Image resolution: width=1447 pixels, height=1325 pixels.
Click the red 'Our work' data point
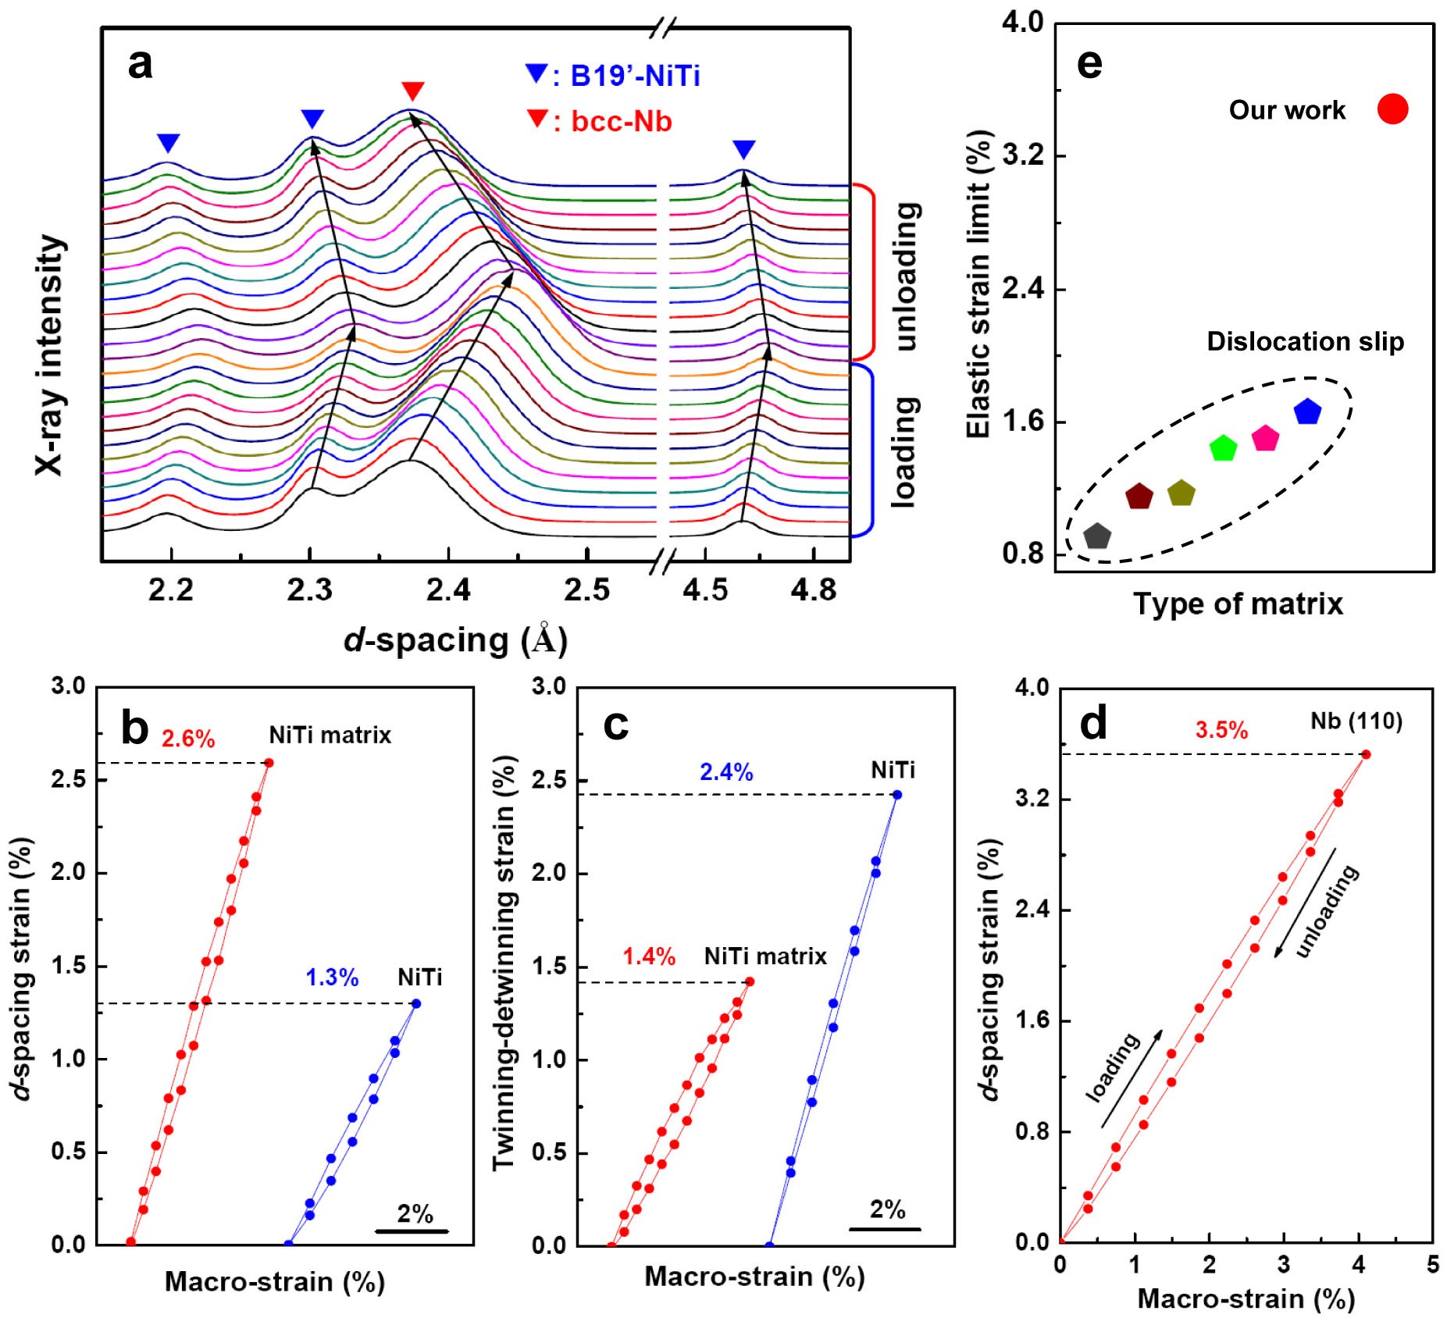click(x=1392, y=109)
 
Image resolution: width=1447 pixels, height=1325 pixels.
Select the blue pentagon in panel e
click(x=1306, y=411)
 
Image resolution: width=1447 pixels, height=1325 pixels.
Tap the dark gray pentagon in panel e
click(x=1097, y=536)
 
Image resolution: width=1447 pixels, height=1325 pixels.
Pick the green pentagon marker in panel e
click(x=1223, y=448)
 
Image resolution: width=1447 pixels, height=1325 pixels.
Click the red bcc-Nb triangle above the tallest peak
click(x=412, y=90)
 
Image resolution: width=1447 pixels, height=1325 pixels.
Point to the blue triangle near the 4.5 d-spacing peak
click(x=743, y=148)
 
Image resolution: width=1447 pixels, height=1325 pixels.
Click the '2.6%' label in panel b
click(x=188, y=739)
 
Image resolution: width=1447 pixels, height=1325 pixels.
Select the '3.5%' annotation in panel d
click(x=1221, y=730)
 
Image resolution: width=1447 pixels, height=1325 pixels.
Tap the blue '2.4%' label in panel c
click(x=726, y=772)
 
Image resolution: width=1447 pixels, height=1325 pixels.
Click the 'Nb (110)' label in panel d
click(x=1356, y=721)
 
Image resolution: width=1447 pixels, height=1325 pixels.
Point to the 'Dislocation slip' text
click(x=1305, y=341)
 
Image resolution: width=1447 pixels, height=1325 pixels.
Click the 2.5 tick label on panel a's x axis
click(x=586, y=590)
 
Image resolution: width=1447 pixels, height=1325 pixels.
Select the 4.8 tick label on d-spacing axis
click(x=813, y=590)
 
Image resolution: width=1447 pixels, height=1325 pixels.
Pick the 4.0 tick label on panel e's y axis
click(x=1022, y=23)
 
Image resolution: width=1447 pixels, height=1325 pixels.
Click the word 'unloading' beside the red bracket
click(x=906, y=276)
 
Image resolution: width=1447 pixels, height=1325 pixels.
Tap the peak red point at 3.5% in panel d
click(x=1366, y=754)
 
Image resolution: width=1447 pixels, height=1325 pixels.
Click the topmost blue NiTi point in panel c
click(x=896, y=795)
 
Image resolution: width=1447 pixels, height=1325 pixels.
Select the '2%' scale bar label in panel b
click(x=415, y=1213)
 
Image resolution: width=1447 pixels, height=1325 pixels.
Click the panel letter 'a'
click(x=140, y=63)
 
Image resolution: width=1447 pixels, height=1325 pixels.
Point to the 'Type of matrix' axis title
click(x=1238, y=604)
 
